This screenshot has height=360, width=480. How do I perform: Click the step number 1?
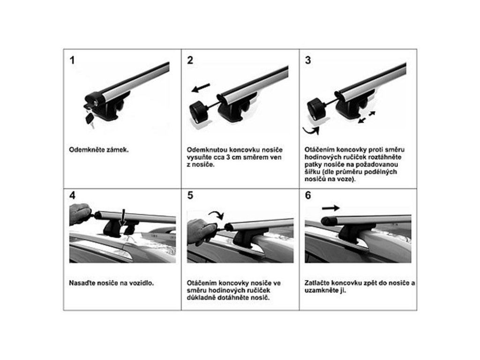point(72,60)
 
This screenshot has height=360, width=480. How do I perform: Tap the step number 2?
point(190,60)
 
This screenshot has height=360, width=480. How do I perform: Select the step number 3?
point(308,60)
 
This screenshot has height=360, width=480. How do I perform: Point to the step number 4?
point(72,195)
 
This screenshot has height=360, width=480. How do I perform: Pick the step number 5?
point(190,195)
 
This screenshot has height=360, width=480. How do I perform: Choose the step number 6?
point(308,195)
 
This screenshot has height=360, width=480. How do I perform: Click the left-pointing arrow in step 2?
point(201,87)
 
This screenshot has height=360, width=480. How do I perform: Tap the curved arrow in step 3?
point(311,131)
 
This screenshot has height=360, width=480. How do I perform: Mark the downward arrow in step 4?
point(123,218)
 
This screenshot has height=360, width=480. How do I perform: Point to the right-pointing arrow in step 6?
point(331,208)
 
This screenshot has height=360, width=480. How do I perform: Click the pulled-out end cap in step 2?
point(199,112)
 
